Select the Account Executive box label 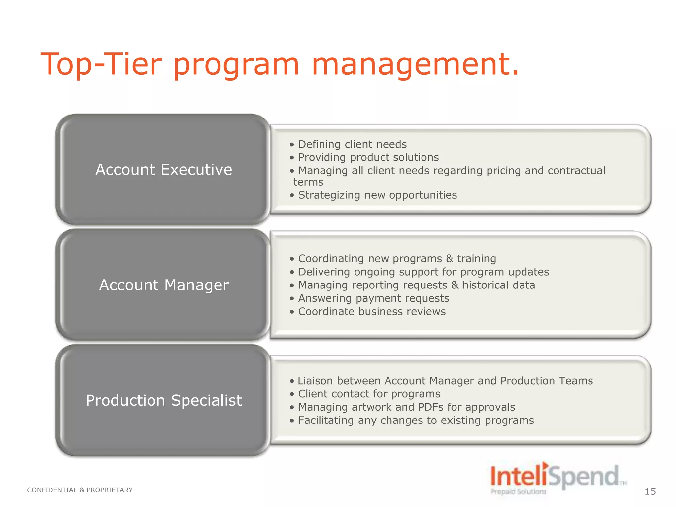pos(164,170)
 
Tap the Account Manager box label pos(164,285)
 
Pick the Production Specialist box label pos(164,400)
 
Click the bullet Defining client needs pos(352,144)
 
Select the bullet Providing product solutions pos(368,157)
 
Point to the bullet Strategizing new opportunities pos(377,195)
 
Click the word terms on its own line pos(308,182)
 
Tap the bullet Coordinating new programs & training pos(397,259)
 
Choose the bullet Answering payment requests pos(373,298)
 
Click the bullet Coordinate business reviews pos(372,312)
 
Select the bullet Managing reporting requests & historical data pos(416,285)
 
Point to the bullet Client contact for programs pos(369,394)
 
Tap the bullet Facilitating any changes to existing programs pos(416,421)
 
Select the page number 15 pos(650,491)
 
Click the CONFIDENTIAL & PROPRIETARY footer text pos(80,490)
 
